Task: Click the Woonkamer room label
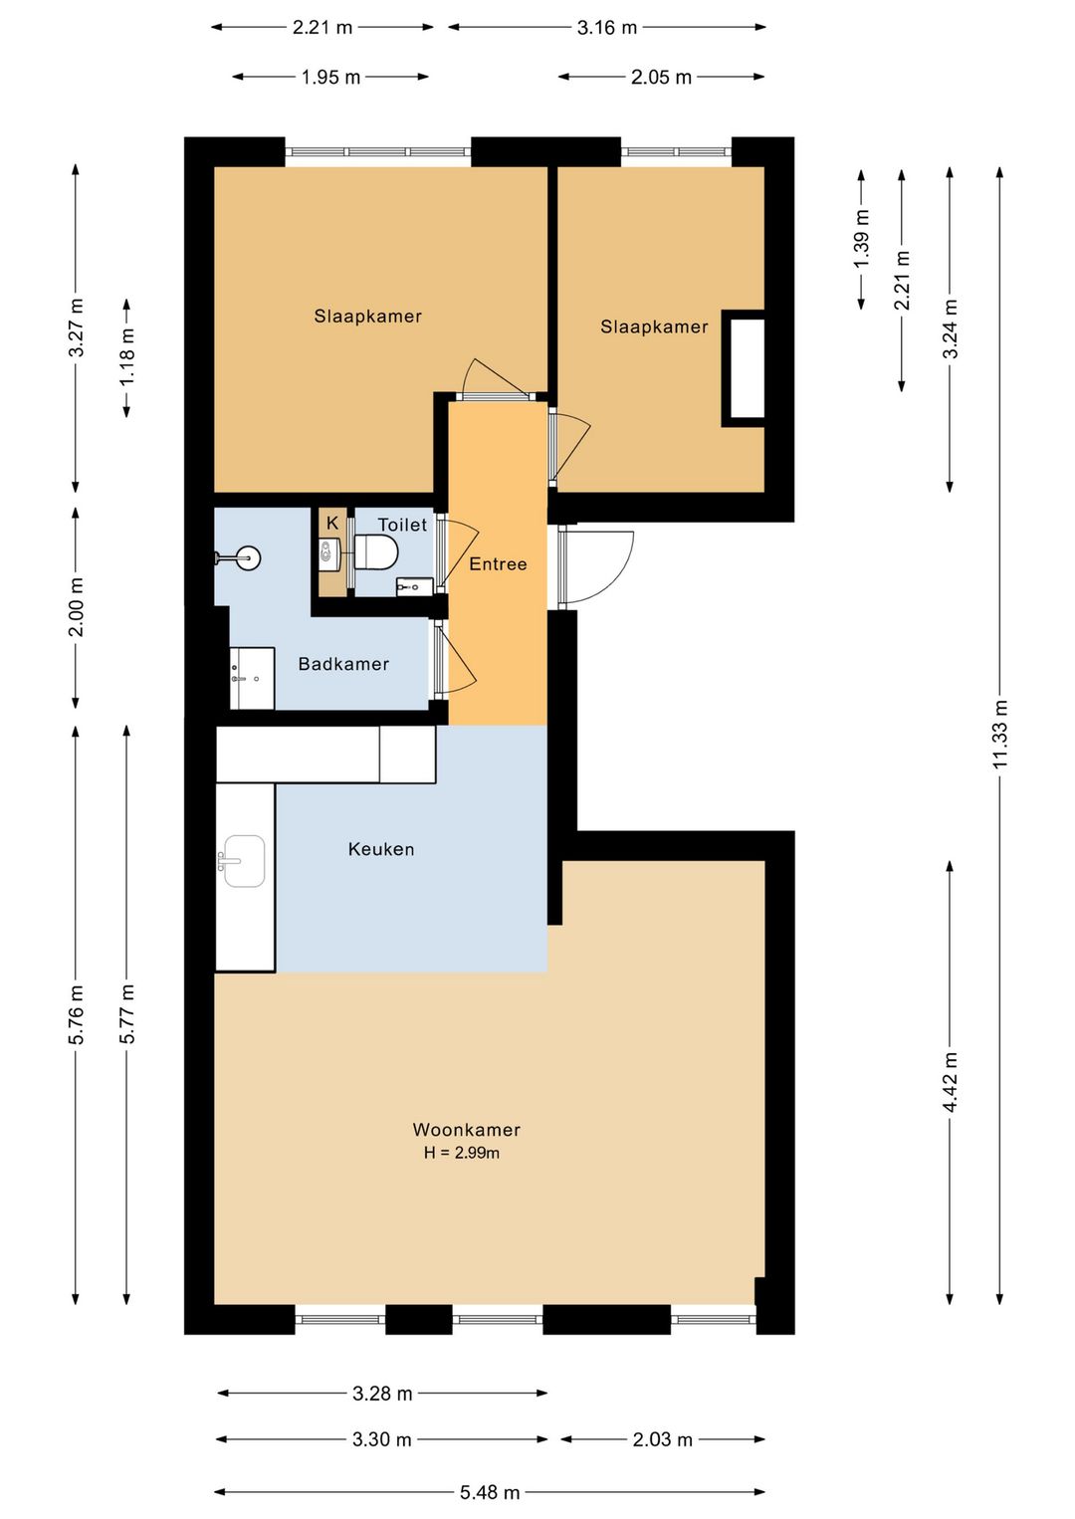(x=466, y=1130)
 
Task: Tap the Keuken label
(x=380, y=849)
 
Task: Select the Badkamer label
(x=343, y=664)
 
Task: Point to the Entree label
(x=498, y=564)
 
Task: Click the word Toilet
(x=402, y=525)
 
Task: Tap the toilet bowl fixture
(x=375, y=550)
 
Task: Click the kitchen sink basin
(x=244, y=861)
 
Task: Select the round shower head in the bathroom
(x=248, y=558)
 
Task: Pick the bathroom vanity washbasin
(x=252, y=678)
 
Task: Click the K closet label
(x=332, y=523)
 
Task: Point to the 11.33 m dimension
(x=999, y=735)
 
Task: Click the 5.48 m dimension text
(x=490, y=1492)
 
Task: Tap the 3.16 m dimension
(x=607, y=28)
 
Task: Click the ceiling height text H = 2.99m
(x=461, y=1153)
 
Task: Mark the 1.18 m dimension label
(x=126, y=357)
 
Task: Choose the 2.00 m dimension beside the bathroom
(x=76, y=607)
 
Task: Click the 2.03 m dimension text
(x=663, y=1439)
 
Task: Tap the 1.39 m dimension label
(x=861, y=239)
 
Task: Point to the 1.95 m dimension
(x=330, y=78)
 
